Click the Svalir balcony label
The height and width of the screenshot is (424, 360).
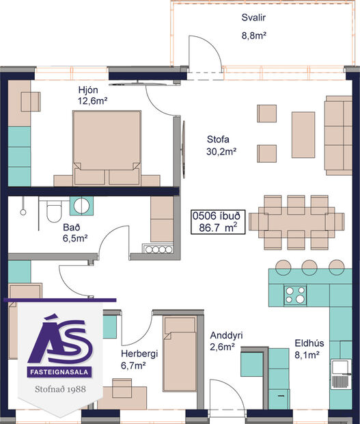(253, 18)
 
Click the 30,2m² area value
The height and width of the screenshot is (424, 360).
(221, 152)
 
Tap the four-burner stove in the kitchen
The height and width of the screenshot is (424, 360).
(296, 295)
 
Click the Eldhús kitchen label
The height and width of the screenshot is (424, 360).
(309, 343)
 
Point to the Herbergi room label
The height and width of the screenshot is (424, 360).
(139, 354)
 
